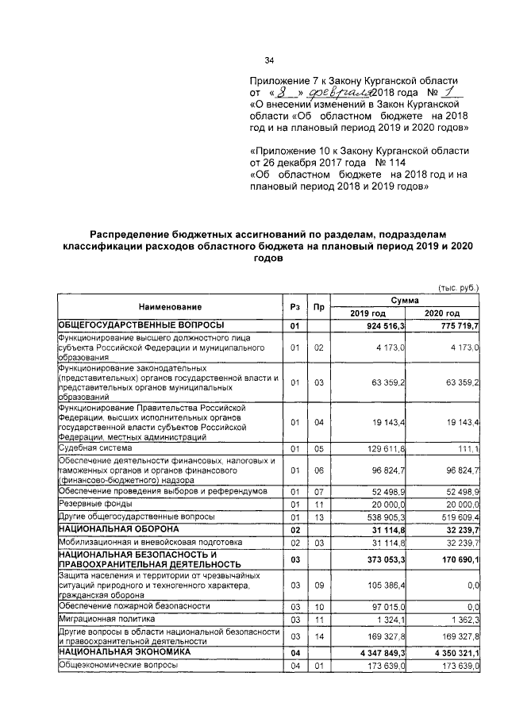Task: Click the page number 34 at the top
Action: [269, 60]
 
